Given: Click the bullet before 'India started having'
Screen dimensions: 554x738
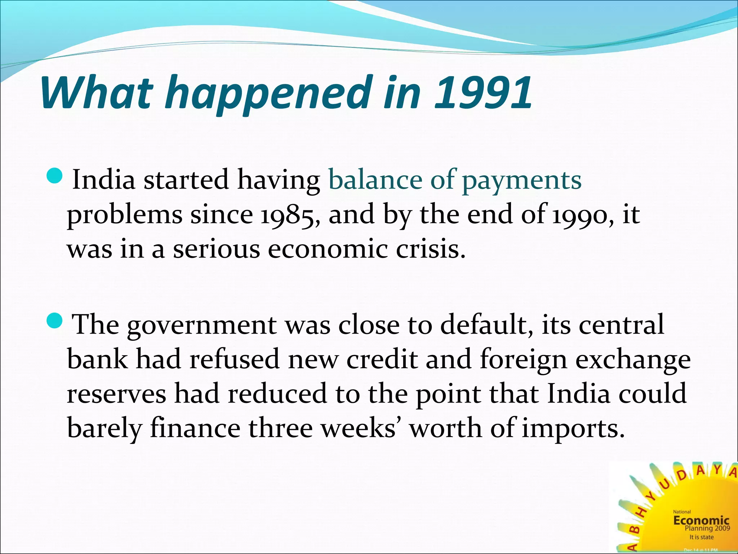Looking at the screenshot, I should (x=55, y=176).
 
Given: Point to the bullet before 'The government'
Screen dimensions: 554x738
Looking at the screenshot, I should (x=55, y=320).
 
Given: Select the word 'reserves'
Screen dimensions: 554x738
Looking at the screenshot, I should (x=116, y=393).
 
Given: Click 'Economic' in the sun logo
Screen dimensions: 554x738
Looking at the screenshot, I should (x=701, y=520).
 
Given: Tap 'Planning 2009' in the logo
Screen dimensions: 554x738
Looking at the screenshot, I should (x=707, y=528).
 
